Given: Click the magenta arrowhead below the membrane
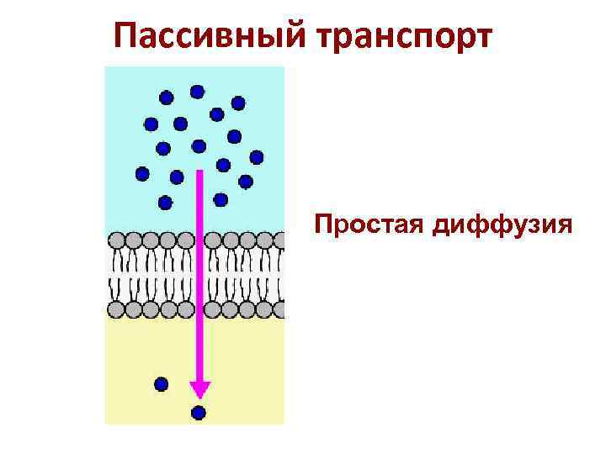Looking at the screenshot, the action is pos(199,388).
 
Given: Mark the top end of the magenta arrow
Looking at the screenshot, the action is pos(200,172).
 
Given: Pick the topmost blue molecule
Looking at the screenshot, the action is pos(197,91).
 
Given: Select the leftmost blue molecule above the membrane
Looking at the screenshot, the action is pos(142,174).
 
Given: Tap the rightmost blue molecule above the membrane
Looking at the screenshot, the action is pos(257,156).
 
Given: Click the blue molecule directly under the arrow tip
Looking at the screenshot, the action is pos(199,412).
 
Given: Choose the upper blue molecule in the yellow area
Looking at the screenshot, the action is pos(161,384).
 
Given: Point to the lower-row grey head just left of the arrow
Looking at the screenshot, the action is pos(184,309).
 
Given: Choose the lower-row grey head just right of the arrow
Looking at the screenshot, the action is pos(214,309).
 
